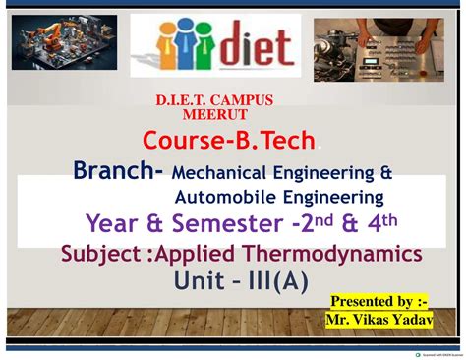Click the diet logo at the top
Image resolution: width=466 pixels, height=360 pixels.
coord(215,47)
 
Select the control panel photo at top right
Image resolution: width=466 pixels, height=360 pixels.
coord(379,49)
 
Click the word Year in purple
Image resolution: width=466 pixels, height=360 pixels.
coord(111,223)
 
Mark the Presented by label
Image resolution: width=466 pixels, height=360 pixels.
coord(379,301)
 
